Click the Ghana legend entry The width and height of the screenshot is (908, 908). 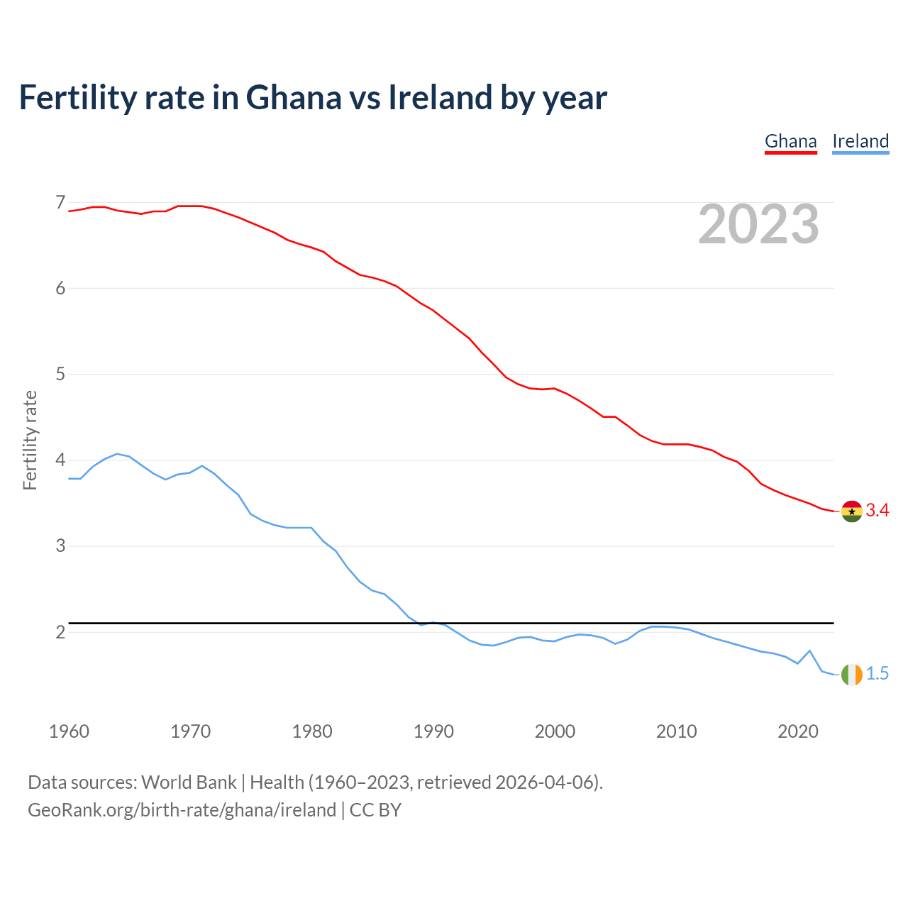click(790, 141)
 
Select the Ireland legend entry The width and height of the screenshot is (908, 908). click(860, 141)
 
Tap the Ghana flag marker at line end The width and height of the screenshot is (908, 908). click(851, 511)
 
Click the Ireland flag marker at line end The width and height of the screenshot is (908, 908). click(851, 675)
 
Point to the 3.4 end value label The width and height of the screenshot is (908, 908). click(877, 511)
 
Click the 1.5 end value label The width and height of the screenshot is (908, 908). click(877, 674)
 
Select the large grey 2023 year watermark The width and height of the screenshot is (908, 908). click(758, 224)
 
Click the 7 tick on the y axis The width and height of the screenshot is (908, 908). click(60, 203)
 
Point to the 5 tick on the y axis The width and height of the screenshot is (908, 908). click(60, 374)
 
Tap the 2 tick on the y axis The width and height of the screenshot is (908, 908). click(60, 631)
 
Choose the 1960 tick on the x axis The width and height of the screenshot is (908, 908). click(69, 731)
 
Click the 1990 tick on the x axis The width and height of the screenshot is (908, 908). click(433, 731)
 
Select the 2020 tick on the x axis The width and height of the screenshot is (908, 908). click(798, 731)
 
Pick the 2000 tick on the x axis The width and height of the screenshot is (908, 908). click(555, 731)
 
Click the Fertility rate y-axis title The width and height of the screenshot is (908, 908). click(30, 440)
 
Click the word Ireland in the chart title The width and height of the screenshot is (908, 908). click(439, 97)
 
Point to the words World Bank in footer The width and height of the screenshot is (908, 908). click(189, 782)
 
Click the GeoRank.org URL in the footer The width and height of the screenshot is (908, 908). click(182, 810)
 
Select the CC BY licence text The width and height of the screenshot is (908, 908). click(375, 810)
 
